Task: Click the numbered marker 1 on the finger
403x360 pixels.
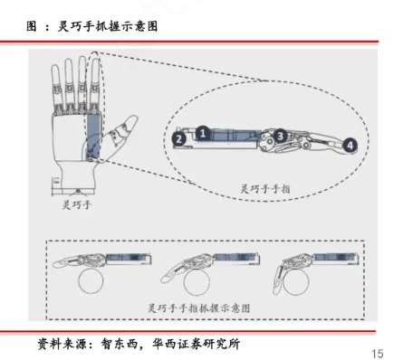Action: coord(204,132)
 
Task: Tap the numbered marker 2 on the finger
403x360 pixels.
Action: coord(179,139)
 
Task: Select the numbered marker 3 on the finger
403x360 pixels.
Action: coord(281,136)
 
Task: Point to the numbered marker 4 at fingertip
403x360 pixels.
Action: coord(350,144)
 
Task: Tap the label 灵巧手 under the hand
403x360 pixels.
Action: coord(77,206)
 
